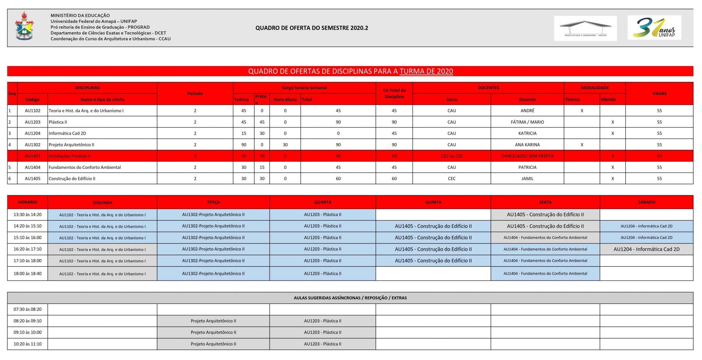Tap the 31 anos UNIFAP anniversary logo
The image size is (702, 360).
[654, 28]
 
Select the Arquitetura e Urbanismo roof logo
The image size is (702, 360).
[585, 28]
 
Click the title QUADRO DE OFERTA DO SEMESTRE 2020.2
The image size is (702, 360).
[312, 28]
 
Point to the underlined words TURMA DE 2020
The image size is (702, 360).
[426, 71]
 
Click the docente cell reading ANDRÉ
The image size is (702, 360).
[527, 111]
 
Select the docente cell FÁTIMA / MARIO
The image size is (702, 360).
[527, 122]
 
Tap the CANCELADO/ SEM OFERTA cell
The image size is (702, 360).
[527, 156]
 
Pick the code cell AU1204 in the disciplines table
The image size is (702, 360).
[32, 133]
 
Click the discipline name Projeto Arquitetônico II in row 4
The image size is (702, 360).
[72, 145]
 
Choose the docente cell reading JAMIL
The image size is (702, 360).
[527, 178]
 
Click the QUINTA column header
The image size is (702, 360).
[433, 202]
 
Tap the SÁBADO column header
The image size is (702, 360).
[646, 202]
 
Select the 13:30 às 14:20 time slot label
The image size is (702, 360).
[27, 215]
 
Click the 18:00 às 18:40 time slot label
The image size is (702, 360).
[27, 274]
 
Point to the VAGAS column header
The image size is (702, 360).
[659, 93]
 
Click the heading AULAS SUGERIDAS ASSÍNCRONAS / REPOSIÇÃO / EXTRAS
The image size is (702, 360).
[350, 298]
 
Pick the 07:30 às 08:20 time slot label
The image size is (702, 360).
[27, 309]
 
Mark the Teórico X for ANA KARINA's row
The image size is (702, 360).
[582, 145]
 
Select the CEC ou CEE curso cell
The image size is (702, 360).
[451, 156]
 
